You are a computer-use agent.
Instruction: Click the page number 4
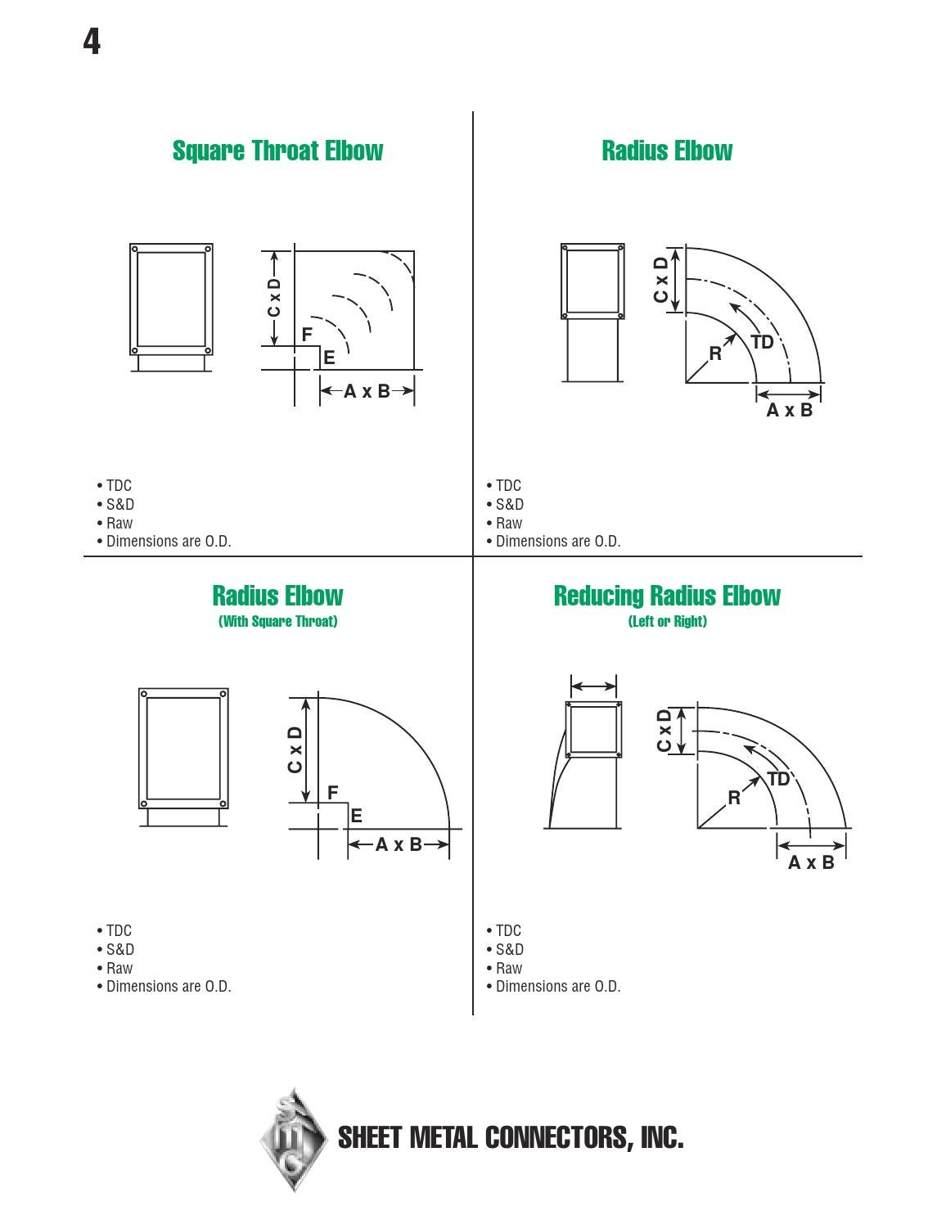point(92,41)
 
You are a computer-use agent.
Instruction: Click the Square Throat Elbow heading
point(277,151)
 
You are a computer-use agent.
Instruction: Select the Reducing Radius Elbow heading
point(667,596)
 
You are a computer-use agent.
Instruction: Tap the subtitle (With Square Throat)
point(277,622)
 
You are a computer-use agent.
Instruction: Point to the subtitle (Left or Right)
point(667,622)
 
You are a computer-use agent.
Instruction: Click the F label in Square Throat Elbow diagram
point(307,335)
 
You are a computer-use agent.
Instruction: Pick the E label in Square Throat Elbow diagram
point(329,358)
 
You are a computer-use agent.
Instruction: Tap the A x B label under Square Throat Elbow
point(367,392)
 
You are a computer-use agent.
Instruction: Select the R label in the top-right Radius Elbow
point(715,353)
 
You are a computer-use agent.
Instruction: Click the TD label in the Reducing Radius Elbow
point(778,779)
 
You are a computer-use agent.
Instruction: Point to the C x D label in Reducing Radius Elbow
point(664,731)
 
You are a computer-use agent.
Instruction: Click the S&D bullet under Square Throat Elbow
point(119,505)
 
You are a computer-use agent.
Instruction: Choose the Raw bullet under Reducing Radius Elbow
point(508,968)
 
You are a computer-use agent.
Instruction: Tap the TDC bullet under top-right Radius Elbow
point(507,486)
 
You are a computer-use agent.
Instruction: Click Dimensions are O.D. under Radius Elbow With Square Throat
point(169,987)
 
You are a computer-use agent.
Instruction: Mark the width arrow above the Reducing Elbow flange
point(593,686)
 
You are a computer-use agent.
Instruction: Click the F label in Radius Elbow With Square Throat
point(332,793)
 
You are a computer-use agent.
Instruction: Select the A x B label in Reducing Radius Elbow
point(811,863)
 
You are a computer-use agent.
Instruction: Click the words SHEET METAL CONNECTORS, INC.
point(510,1138)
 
